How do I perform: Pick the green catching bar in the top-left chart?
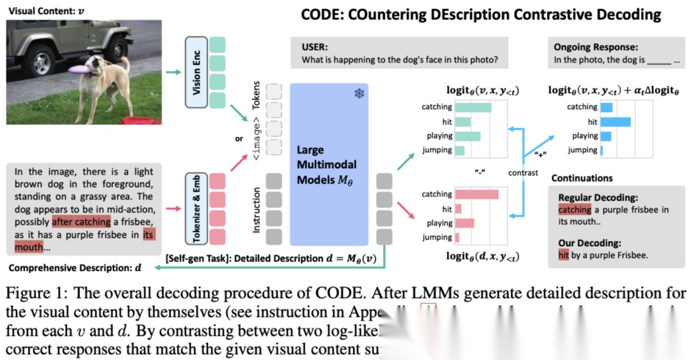[x=473, y=107]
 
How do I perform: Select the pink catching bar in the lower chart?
[x=477, y=194]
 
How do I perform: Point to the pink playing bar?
[x=465, y=223]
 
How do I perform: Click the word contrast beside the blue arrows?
[x=523, y=173]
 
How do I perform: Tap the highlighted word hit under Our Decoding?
[x=564, y=255]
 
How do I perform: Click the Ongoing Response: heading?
[x=596, y=47]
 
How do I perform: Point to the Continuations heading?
[x=582, y=178]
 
